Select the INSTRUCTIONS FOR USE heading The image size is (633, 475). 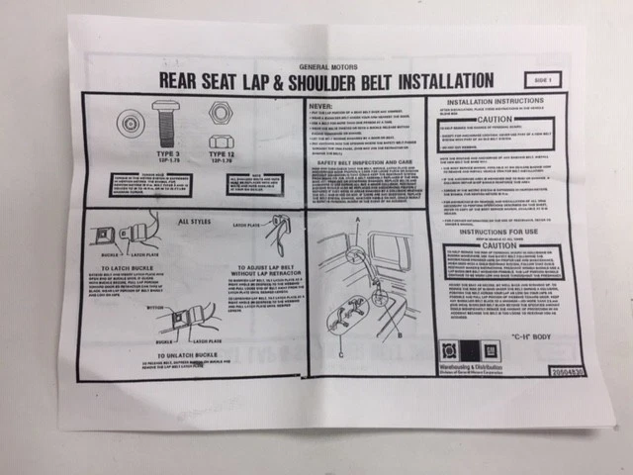pos(494,235)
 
